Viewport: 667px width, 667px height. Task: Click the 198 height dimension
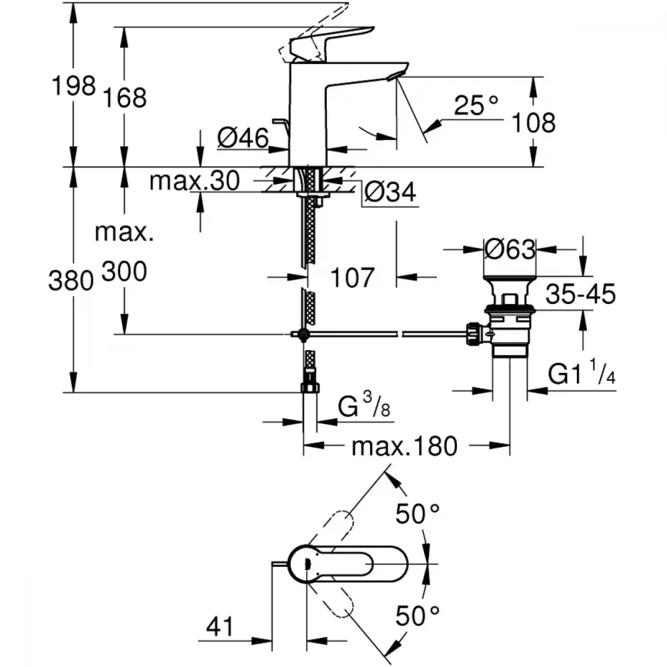tap(74, 86)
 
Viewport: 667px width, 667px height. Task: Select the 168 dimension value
tap(124, 97)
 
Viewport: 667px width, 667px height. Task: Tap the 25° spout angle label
tap(476, 105)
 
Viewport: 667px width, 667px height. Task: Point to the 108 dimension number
tap(534, 122)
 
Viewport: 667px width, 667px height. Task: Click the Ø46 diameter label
tap(243, 138)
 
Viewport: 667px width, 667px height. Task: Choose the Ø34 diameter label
tap(390, 193)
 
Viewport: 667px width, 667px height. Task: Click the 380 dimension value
tap(70, 281)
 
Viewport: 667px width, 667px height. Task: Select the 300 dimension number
tap(124, 272)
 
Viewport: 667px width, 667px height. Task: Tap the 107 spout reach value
tap(352, 277)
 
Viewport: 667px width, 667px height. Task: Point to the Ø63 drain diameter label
tap(510, 249)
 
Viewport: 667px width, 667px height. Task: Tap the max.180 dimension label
tap(404, 446)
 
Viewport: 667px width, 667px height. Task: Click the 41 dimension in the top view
tap(221, 626)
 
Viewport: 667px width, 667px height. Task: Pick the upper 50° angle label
tap(418, 514)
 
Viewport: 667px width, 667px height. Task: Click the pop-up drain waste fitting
tap(510, 313)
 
